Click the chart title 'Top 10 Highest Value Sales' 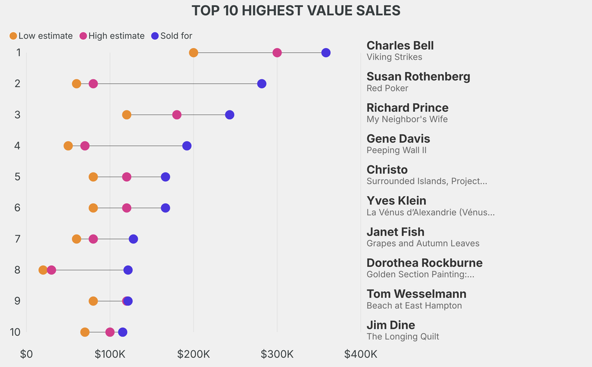click(x=296, y=10)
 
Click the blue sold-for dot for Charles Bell click(x=326, y=53)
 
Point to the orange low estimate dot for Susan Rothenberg click(x=77, y=84)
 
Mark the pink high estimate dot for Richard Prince click(x=177, y=115)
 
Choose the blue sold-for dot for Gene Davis click(x=187, y=146)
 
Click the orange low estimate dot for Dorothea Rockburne click(x=43, y=270)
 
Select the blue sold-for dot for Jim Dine click(x=123, y=332)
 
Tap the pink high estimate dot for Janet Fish click(x=93, y=239)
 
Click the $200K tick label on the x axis click(x=194, y=354)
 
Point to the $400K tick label click(x=361, y=354)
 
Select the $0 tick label click(x=26, y=354)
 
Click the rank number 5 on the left click(x=18, y=177)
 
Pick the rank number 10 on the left click(x=16, y=332)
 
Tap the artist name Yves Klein click(x=397, y=201)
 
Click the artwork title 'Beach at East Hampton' click(x=414, y=306)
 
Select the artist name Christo click(x=387, y=170)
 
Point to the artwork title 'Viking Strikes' click(x=394, y=57)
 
